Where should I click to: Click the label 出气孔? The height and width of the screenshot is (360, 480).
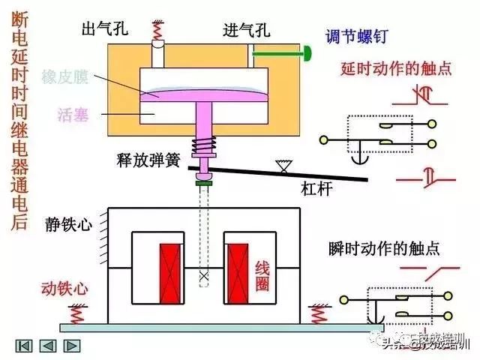(105, 30)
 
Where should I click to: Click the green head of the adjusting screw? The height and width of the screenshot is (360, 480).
(307, 53)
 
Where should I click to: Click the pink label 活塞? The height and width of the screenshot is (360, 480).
(73, 115)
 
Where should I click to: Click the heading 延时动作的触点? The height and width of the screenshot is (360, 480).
(396, 69)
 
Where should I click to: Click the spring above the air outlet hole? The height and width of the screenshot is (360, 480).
(157, 31)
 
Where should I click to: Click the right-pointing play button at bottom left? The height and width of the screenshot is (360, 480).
(72, 346)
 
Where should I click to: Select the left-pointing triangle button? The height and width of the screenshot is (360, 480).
(48, 346)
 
